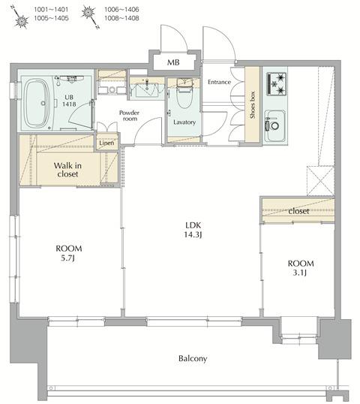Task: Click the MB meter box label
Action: click(173, 62)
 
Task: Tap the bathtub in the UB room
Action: click(37, 103)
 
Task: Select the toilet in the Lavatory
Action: click(184, 94)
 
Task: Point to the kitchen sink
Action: click(274, 125)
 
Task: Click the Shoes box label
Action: click(253, 105)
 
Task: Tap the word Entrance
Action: click(219, 82)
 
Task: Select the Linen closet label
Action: click(106, 143)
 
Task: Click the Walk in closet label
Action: click(67, 170)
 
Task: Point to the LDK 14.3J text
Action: click(193, 230)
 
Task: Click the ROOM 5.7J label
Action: click(69, 253)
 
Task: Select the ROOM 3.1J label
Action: click(301, 268)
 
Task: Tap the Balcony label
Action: click(193, 358)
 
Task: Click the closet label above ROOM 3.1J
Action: click(298, 211)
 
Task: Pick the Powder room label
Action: click(130, 116)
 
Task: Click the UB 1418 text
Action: click(69, 101)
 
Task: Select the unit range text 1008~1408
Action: click(121, 18)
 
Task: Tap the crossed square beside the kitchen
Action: click(320, 181)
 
